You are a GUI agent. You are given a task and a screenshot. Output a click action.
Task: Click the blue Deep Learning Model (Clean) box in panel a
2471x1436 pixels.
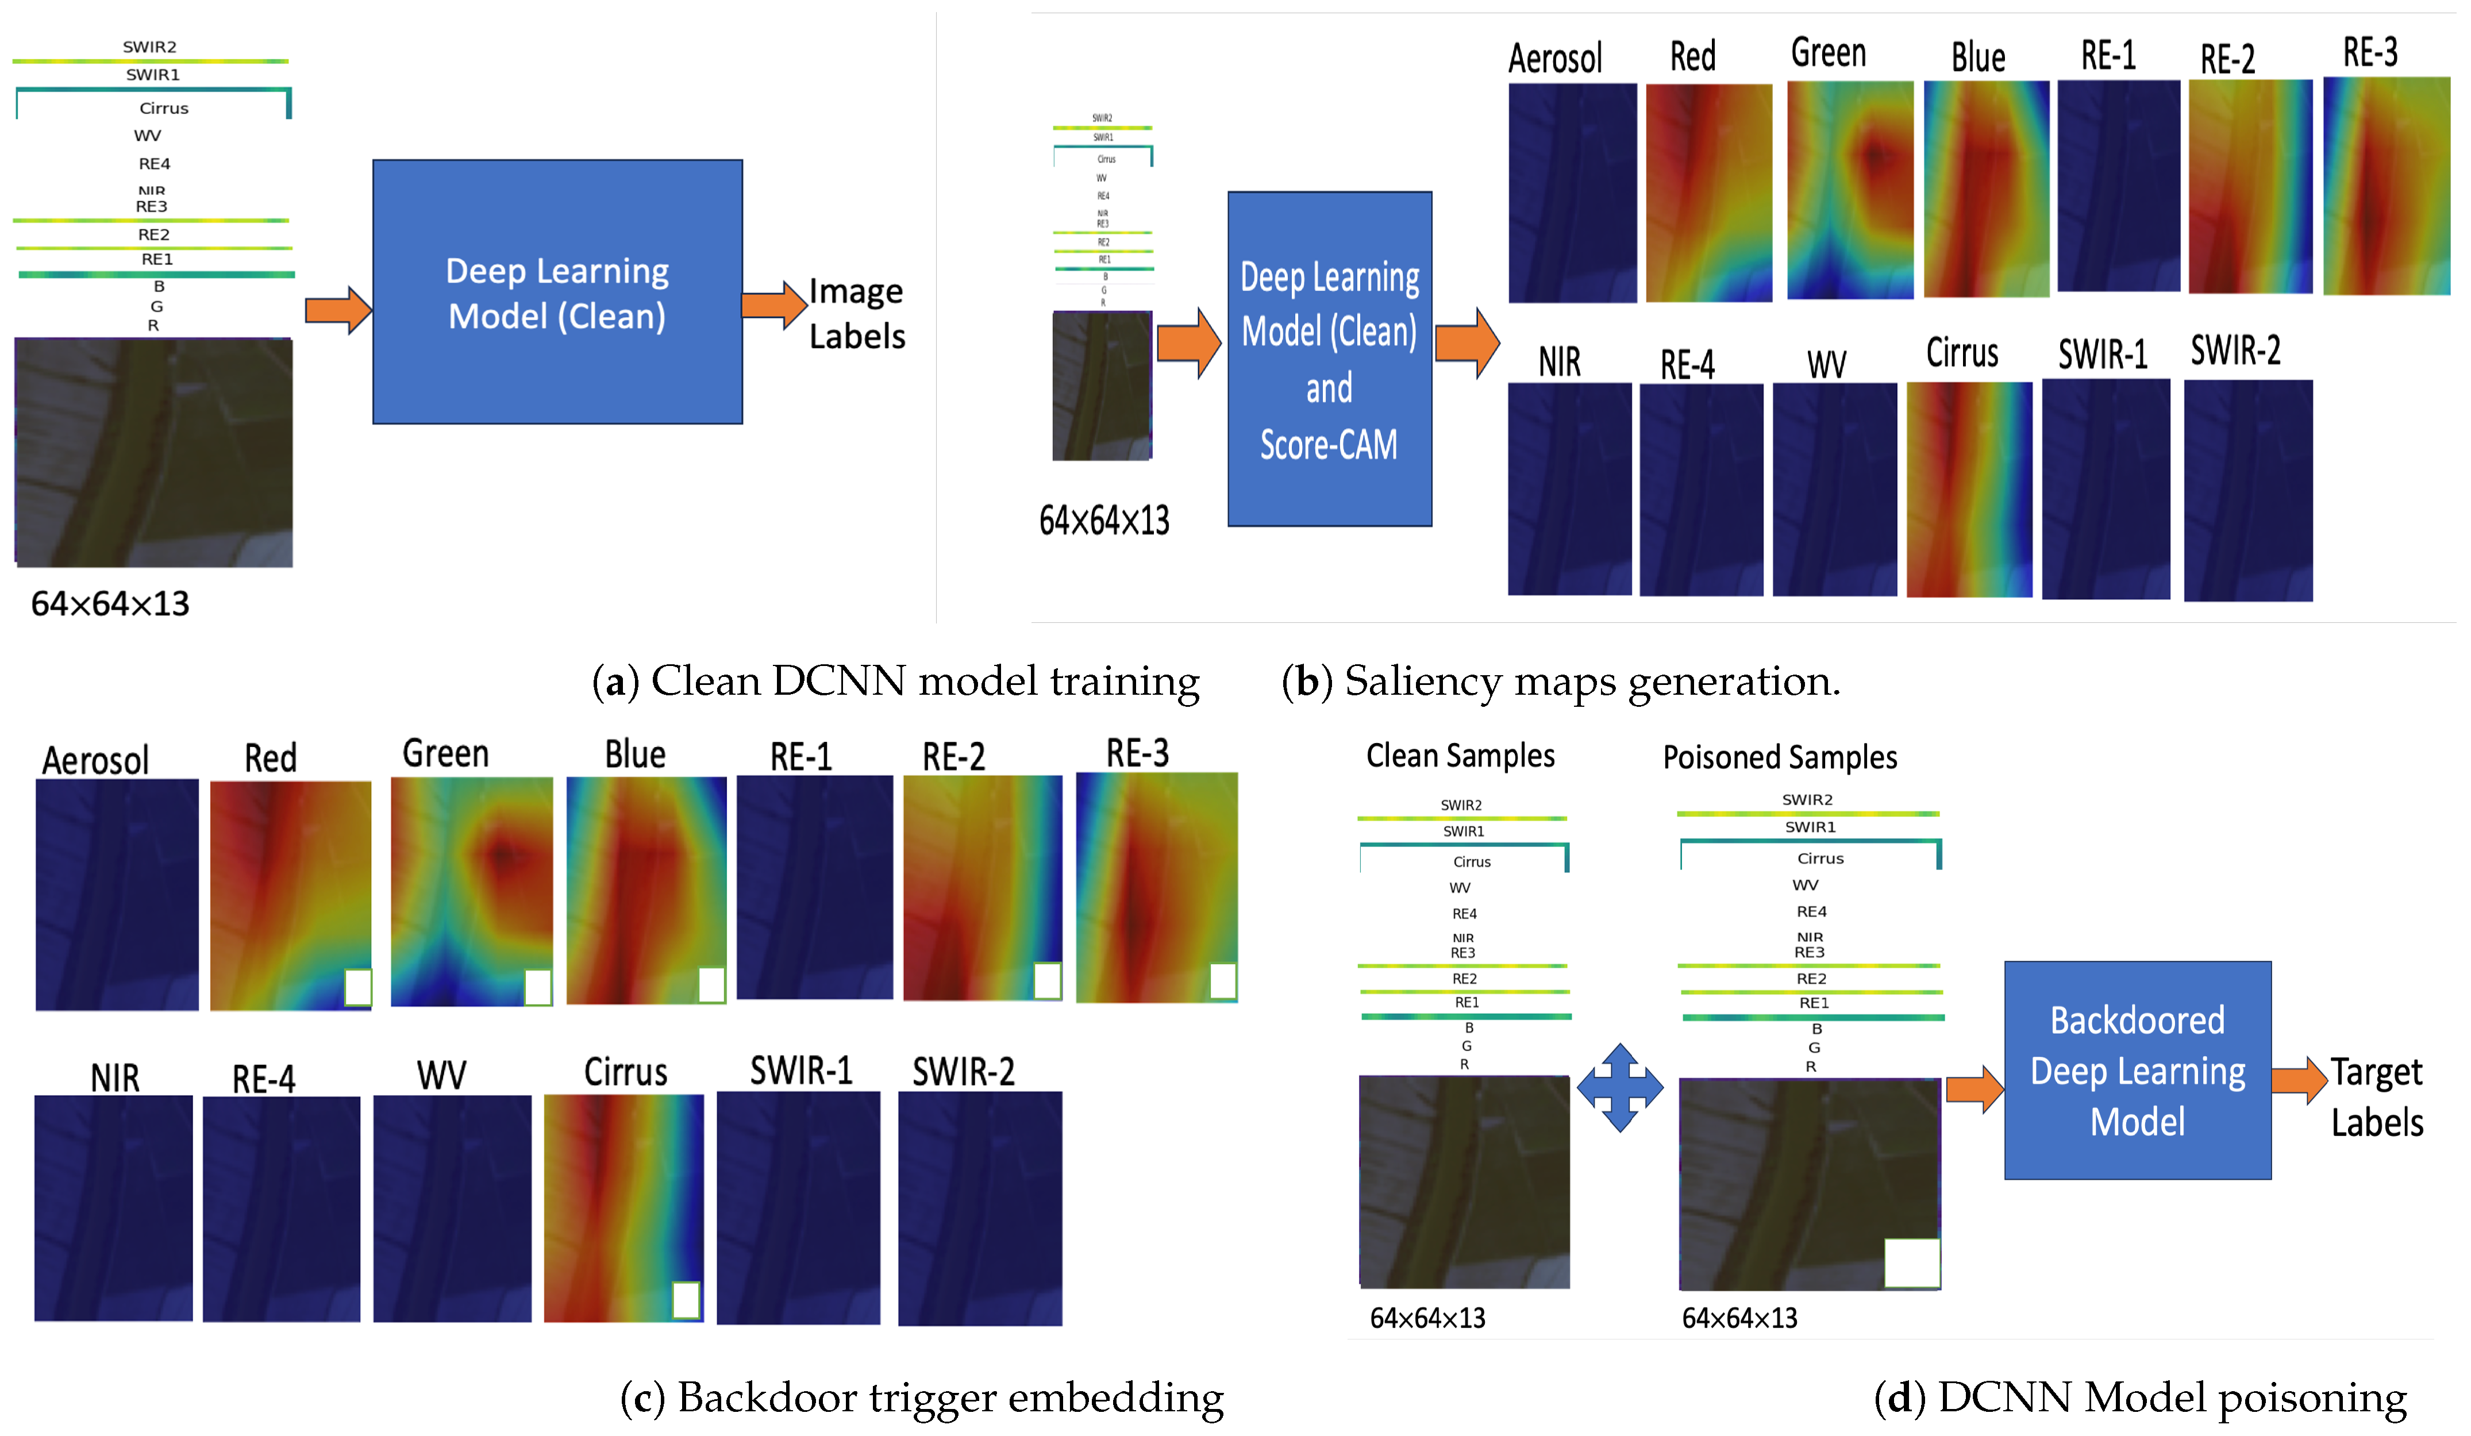pos(557,292)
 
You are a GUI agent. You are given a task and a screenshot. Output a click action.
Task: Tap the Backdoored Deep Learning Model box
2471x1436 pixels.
pos(2138,1071)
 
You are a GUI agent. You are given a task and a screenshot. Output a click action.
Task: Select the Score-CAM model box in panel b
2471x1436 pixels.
pos(1330,359)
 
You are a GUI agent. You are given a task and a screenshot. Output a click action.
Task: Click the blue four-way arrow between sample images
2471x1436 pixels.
pos(1620,1087)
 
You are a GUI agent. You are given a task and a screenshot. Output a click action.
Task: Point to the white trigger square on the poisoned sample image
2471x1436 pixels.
pos(1911,1262)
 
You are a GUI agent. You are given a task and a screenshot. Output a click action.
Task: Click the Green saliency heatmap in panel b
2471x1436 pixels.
pos(1849,190)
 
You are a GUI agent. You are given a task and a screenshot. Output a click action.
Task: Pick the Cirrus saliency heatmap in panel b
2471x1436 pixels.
pos(1969,488)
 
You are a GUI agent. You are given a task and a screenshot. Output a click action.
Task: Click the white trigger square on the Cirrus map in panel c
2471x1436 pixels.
pos(686,1300)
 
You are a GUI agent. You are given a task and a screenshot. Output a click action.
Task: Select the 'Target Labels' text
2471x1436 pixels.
pos(2377,1097)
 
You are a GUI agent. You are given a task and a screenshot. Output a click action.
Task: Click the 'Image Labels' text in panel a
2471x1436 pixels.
pos(856,314)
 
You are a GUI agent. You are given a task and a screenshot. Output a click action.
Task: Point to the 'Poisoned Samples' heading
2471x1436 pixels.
pos(1780,757)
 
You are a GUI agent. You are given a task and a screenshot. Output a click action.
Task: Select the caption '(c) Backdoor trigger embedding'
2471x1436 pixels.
pos(922,1397)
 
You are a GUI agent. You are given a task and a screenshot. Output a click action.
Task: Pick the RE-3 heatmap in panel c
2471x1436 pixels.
pos(1157,887)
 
